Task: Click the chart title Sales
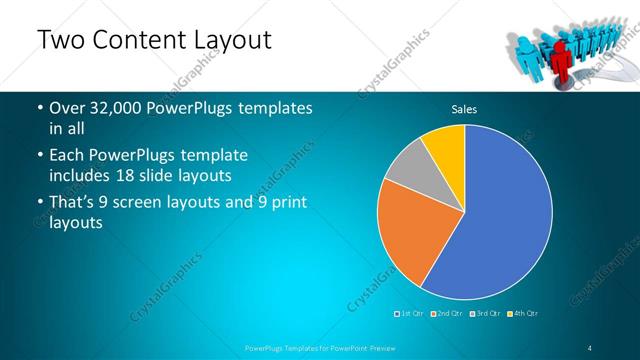464,108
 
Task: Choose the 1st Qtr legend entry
411,314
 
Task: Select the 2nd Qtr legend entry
447,314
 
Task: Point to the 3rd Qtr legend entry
484,314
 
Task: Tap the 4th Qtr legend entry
523,314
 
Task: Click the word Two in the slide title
59,40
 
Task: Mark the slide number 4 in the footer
591,347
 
